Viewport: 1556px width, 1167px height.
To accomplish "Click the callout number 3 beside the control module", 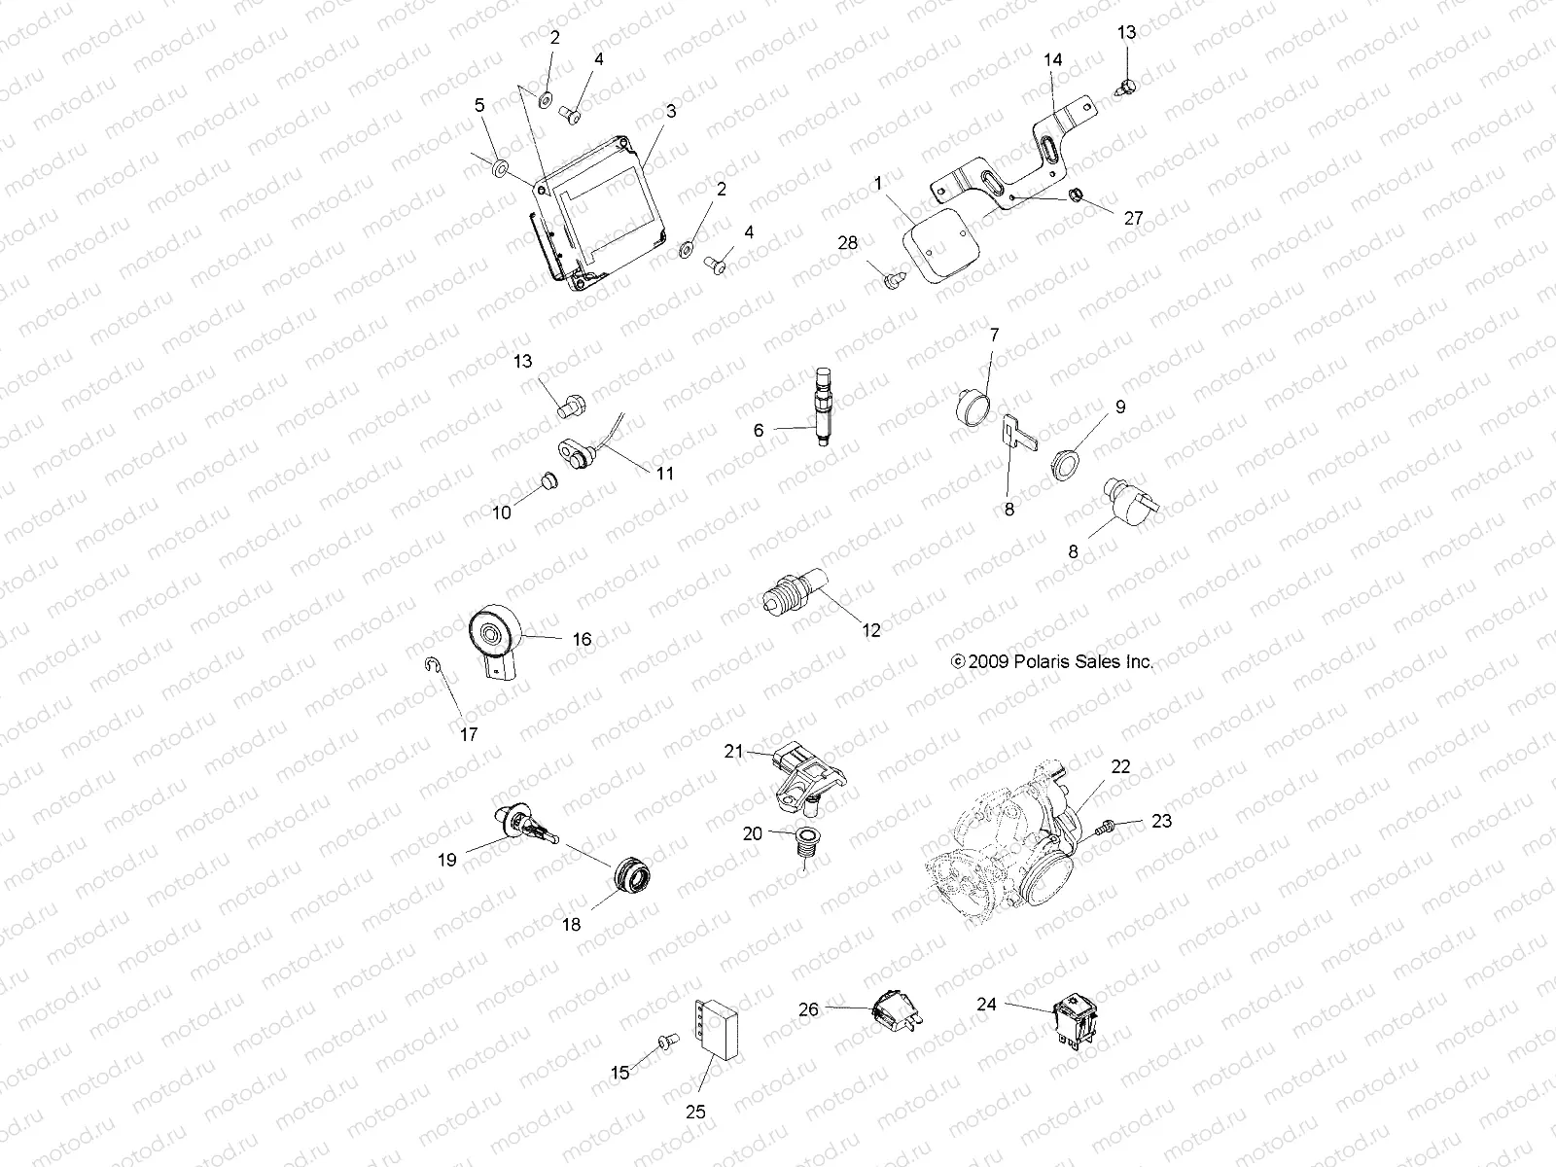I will (670, 112).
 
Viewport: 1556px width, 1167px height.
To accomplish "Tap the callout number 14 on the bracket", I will (1053, 60).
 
